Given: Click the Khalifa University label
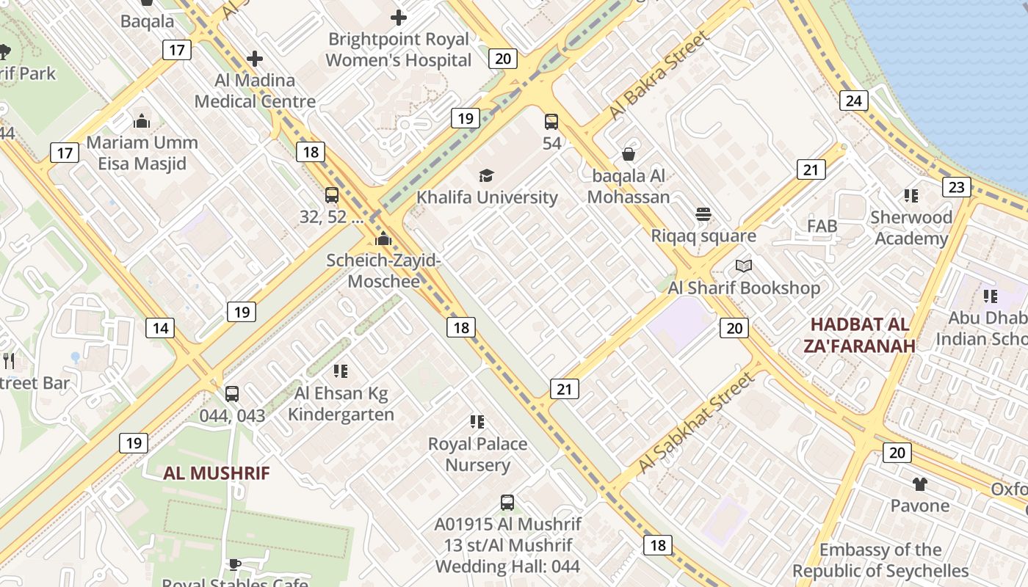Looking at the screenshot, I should point(487,197).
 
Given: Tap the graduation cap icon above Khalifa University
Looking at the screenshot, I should point(486,175).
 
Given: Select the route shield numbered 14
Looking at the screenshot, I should point(160,328).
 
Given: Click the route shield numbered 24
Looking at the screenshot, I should point(854,101).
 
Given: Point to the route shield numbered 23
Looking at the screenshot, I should point(956,187).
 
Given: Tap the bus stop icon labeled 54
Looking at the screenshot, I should point(551,122).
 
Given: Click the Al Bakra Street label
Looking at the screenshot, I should point(659,76).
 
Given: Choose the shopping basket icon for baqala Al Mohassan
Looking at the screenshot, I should point(629,154).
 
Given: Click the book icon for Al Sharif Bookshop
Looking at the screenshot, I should point(743,266).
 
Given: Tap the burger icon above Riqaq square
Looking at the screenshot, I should point(703,214).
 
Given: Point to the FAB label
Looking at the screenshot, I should point(822,226).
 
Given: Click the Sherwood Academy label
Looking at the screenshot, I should point(911,228).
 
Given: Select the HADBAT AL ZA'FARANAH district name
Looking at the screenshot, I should point(861,335).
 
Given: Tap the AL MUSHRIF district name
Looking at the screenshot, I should point(217,473).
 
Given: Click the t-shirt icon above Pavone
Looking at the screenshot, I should point(919,484).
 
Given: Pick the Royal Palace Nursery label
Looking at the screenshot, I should point(478,454).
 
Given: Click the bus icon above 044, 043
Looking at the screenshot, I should point(232,394).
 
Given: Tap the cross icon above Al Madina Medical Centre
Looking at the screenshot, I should point(255,59).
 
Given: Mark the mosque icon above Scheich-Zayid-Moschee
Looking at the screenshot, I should point(383,238).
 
